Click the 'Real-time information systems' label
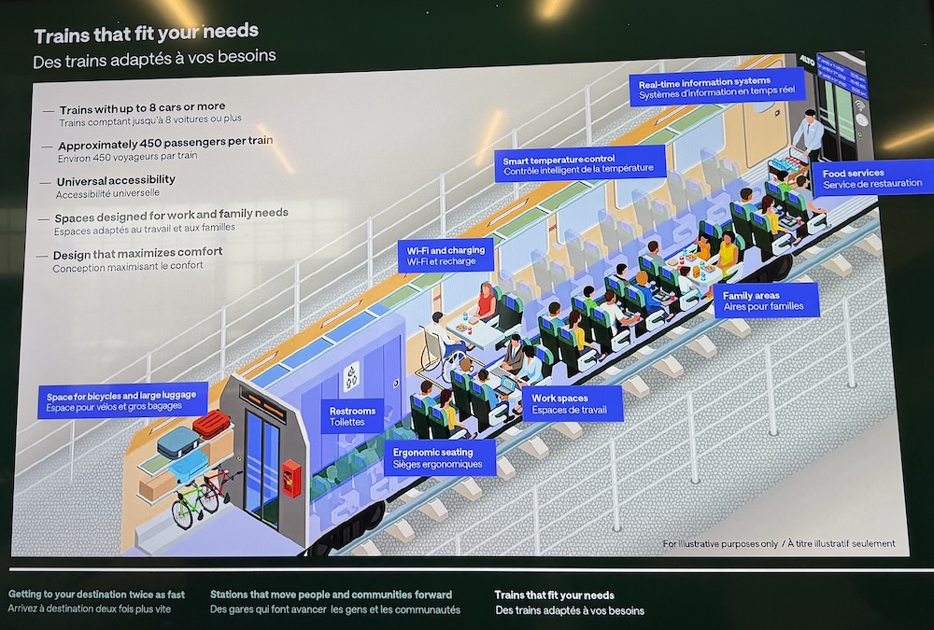716,87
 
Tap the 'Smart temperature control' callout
580,163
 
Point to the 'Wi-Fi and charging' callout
446,256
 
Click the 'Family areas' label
766,301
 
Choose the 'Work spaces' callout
573,404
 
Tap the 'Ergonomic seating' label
440,457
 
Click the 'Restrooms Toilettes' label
353,415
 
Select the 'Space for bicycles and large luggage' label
122,400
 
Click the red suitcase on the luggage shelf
211,424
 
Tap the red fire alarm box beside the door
291,478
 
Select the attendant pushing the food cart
808,133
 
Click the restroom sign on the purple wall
351,377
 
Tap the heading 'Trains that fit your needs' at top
146,34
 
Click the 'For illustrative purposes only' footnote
720,543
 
